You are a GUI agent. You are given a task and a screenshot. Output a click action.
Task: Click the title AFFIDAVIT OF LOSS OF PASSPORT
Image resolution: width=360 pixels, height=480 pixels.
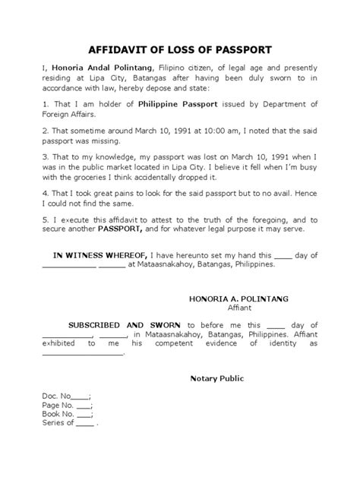181,50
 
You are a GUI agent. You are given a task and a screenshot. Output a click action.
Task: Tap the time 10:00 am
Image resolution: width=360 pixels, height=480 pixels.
184,130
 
